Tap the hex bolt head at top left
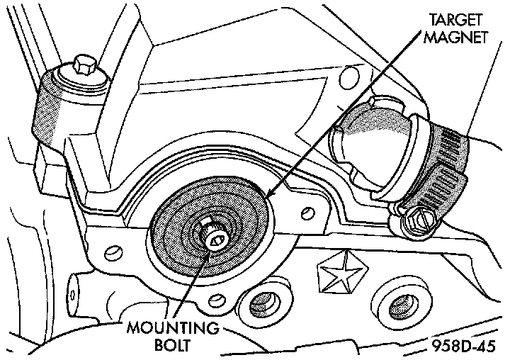coord(82,66)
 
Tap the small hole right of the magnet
coord(309,212)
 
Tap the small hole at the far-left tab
coord(73,291)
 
